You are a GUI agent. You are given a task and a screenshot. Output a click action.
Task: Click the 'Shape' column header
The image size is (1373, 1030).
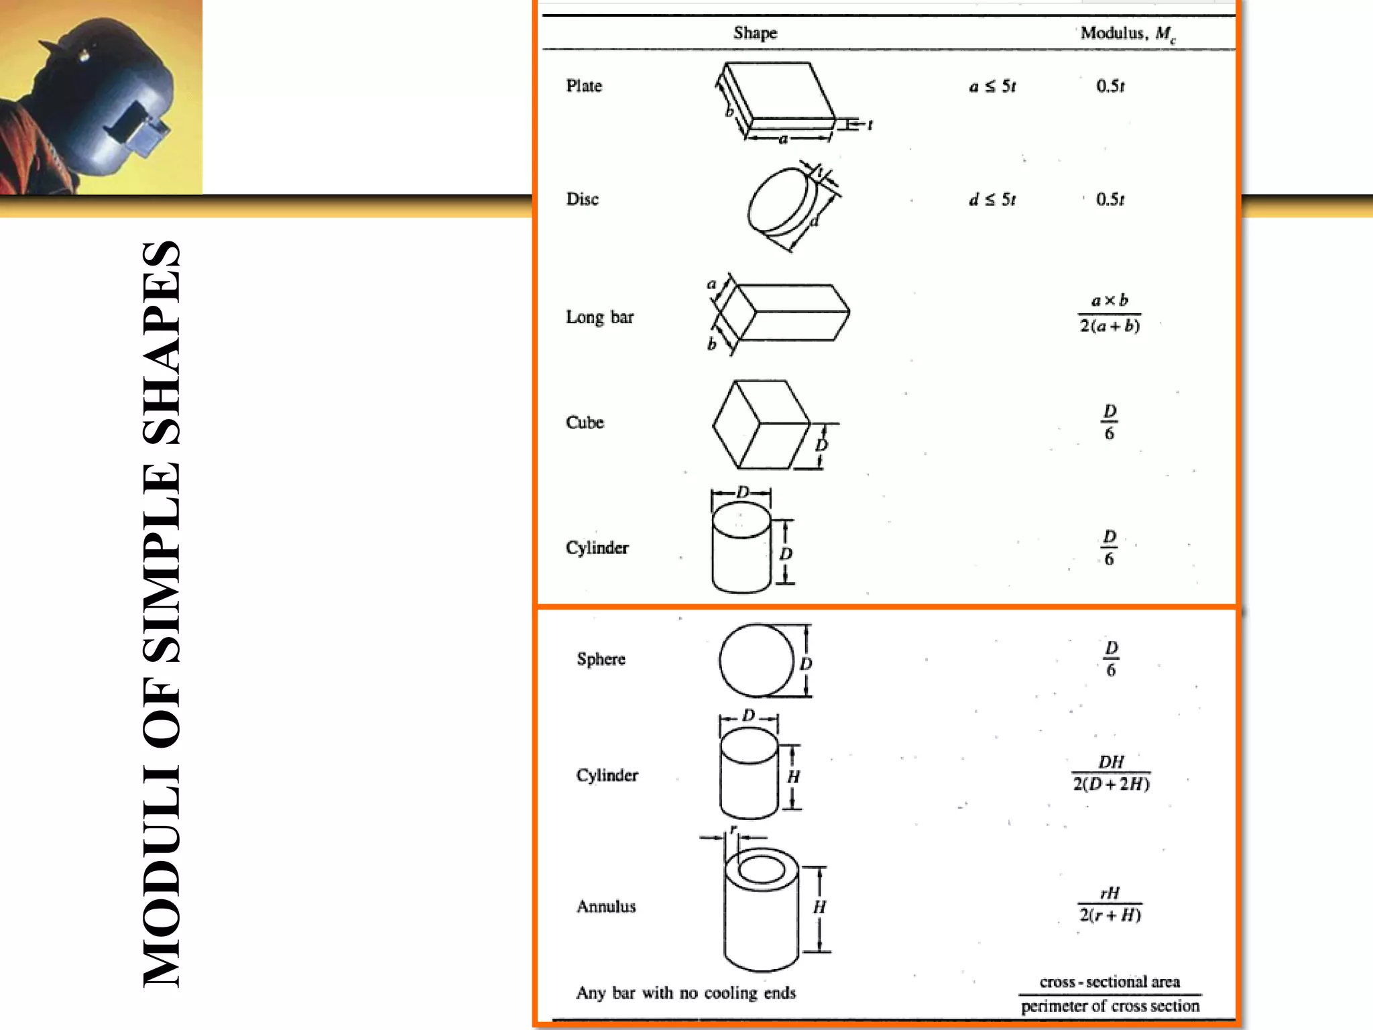coord(755,33)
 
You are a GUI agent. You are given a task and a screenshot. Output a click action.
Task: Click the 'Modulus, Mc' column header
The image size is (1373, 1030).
coord(1128,34)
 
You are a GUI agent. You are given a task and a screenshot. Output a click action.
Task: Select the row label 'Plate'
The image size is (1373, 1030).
coord(584,86)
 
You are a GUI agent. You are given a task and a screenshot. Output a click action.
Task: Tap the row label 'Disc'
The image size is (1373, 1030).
coord(582,199)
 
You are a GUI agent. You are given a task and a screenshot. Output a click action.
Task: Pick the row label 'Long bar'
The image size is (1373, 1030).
coord(599,317)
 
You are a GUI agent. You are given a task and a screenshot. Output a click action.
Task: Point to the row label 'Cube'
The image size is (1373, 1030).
coord(585,422)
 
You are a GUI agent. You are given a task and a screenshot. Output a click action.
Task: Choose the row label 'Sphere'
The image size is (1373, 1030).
coord(601,659)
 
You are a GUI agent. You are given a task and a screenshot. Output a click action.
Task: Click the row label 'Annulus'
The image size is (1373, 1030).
coord(606,907)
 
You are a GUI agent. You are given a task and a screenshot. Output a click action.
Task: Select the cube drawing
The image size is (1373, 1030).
coord(761,424)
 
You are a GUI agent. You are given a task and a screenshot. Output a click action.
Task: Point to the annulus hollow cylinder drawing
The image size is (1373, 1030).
coord(762,909)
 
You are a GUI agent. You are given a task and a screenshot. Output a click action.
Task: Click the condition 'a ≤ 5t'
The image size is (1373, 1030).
coord(992,87)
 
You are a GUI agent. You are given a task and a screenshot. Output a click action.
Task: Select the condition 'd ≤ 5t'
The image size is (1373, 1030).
coord(992,200)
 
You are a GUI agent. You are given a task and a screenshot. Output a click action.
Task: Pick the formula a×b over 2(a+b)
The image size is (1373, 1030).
coord(1110,313)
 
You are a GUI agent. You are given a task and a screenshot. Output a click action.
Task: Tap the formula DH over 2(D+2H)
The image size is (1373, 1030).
coord(1111,773)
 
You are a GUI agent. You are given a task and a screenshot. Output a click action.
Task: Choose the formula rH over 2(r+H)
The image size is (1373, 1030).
coord(1110,904)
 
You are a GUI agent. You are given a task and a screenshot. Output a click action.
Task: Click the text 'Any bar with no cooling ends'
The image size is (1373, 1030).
coord(686,993)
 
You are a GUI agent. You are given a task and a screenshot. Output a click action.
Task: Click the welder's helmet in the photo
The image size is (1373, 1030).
coord(107,94)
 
